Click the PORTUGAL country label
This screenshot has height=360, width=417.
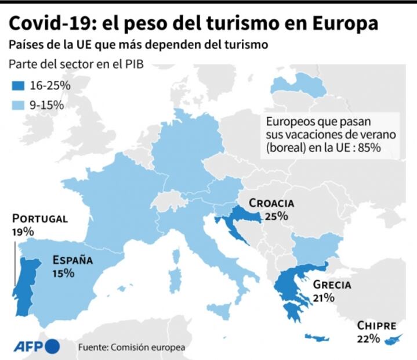[x=40, y=219]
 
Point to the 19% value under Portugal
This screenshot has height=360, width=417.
[x=23, y=231]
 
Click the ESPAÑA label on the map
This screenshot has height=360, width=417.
[x=72, y=260]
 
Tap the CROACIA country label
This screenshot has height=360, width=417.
[x=271, y=204]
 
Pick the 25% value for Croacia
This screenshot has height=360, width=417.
[x=277, y=217]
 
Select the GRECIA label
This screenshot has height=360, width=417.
[x=332, y=285]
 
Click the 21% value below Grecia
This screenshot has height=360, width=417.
[x=323, y=298]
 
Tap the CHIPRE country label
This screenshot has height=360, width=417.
[x=376, y=326]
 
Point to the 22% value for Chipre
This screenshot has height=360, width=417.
[x=368, y=339]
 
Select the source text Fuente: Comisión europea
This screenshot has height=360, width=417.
[x=132, y=347]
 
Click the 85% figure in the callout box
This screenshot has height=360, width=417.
[x=370, y=147]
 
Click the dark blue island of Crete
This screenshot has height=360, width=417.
[x=317, y=337]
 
